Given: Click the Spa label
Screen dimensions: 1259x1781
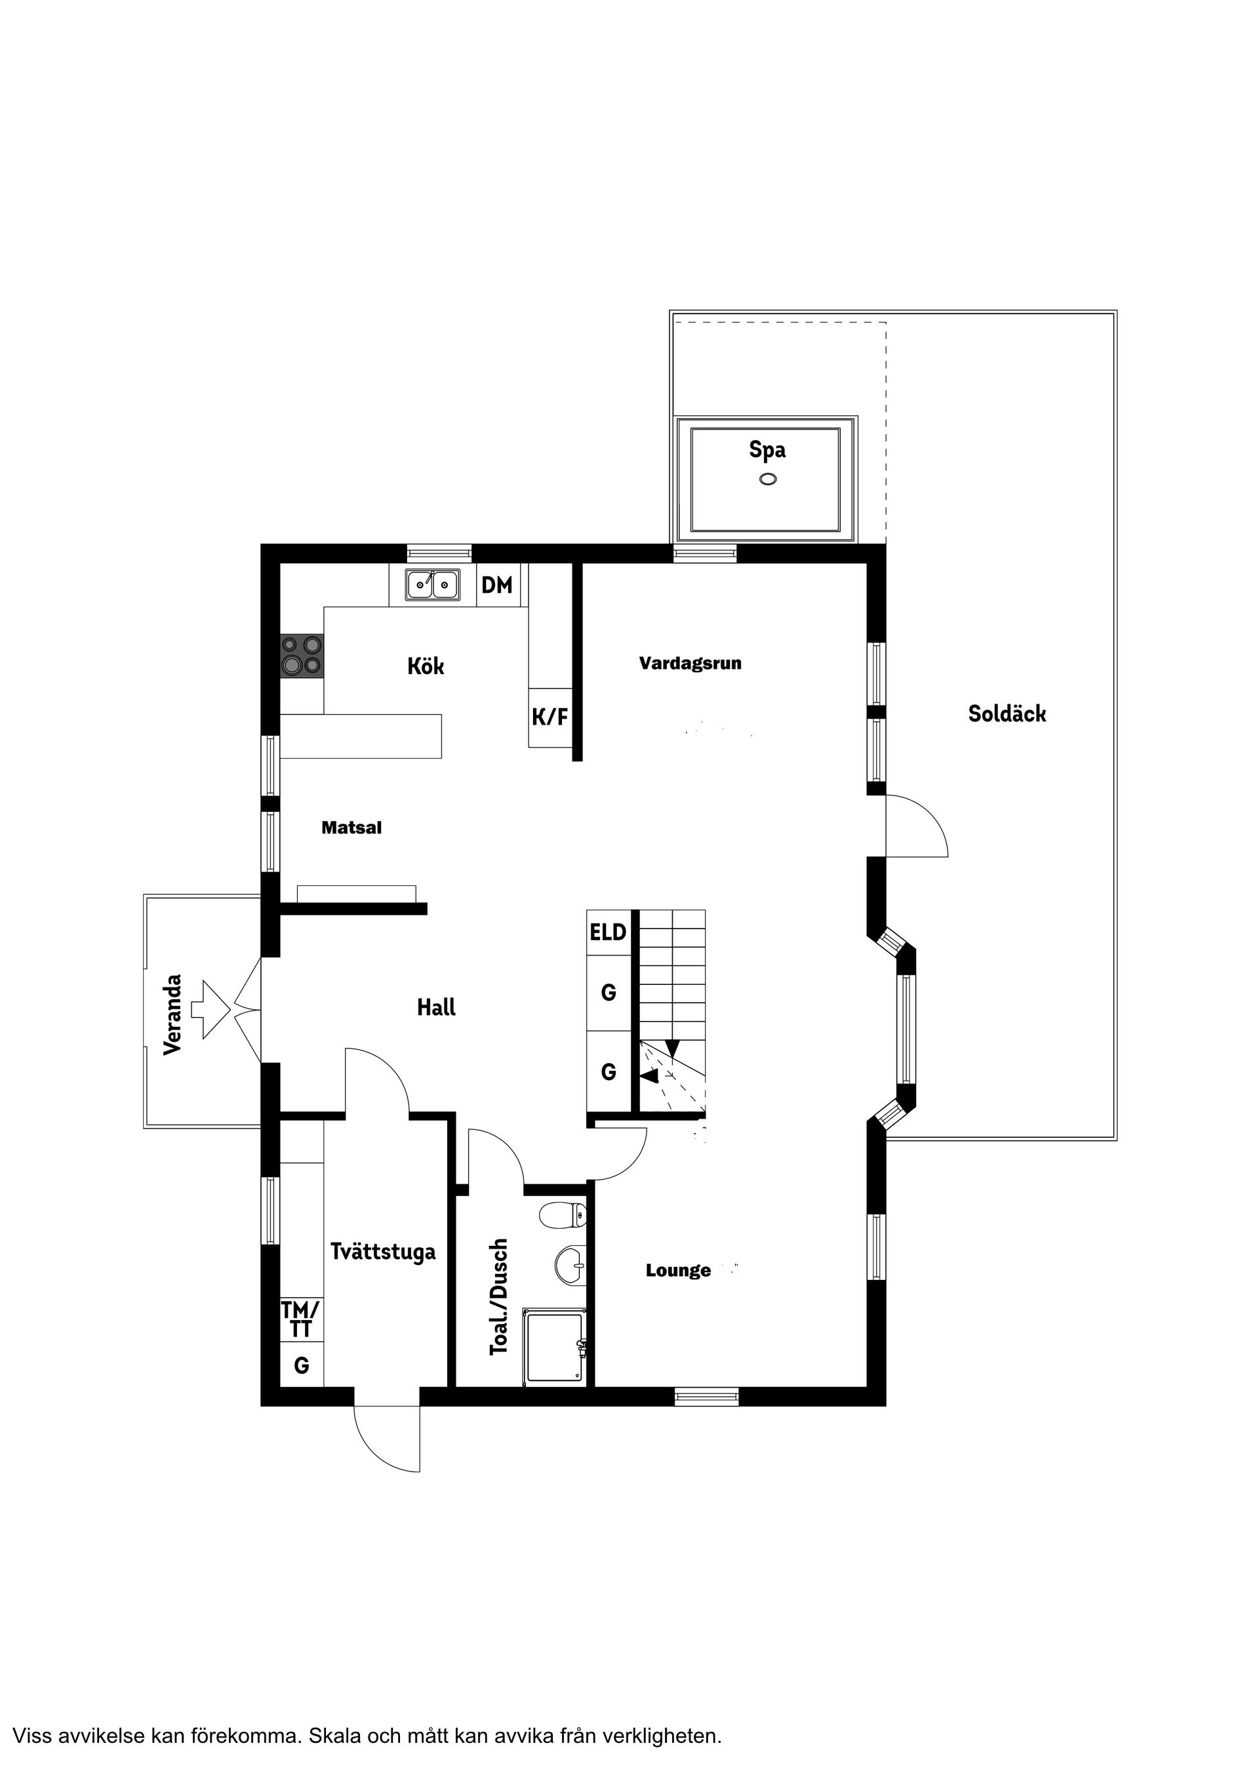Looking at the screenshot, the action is pyautogui.click(x=767, y=450).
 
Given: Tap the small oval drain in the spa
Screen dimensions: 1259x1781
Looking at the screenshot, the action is pyautogui.click(x=768, y=479).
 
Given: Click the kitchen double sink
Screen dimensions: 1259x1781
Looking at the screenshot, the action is pyautogui.click(x=432, y=584).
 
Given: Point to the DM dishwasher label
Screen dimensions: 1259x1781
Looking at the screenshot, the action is pyautogui.click(x=497, y=585).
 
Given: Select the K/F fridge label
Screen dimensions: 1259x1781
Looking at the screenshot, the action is pyautogui.click(x=550, y=717).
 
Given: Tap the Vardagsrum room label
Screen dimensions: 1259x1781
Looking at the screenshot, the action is pyautogui.click(x=690, y=663).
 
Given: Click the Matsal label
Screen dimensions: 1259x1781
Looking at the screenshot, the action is pyautogui.click(x=351, y=828).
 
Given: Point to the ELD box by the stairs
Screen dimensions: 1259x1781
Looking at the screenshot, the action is pyautogui.click(x=608, y=932).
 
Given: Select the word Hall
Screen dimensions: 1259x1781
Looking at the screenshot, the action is pyautogui.click(x=436, y=1008).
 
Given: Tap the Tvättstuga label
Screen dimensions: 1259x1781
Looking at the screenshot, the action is pyautogui.click(x=383, y=1252).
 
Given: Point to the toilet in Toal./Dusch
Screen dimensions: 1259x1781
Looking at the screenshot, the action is pyautogui.click(x=563, y=1214).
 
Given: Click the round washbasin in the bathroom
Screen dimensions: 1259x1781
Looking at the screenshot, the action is pyautogui.click(x=571, y=1267).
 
